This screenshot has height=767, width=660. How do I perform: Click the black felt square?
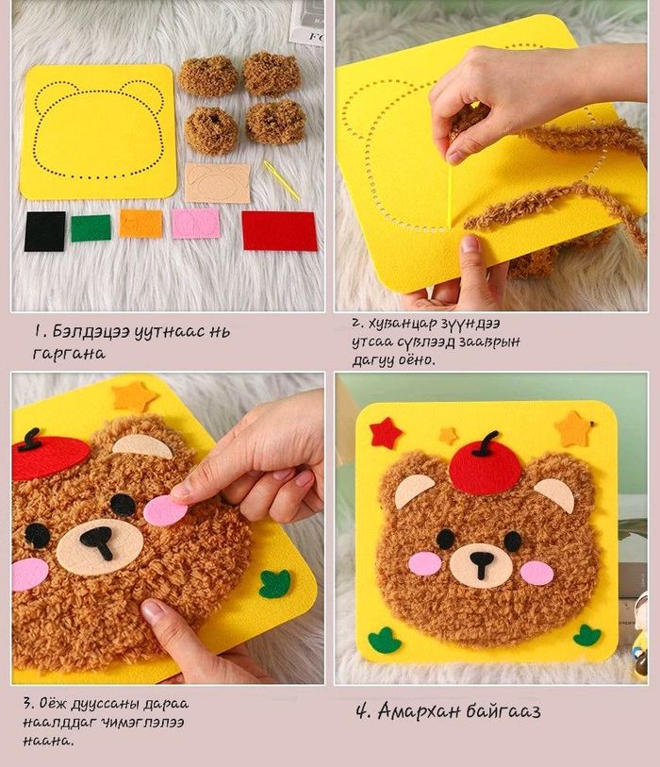coord(44,231)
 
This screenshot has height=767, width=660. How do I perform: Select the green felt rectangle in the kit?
coord(91,228)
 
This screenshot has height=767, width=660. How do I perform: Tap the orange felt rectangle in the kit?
coord(140,224)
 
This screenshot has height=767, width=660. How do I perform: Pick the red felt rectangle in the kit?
coord(279,231)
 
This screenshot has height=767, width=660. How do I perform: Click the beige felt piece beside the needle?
coord(218,183)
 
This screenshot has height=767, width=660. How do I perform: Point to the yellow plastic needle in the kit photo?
coord(282,180)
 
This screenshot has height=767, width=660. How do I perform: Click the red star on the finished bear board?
coord(386,433)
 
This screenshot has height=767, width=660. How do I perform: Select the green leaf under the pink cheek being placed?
coord(274,584)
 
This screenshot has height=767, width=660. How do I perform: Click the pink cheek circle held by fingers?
coord(166,511)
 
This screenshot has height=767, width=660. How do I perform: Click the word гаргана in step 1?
coord(69,354)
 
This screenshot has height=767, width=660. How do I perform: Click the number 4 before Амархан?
coord(362,710)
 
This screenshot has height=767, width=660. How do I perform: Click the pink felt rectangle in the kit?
coord(195,224)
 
